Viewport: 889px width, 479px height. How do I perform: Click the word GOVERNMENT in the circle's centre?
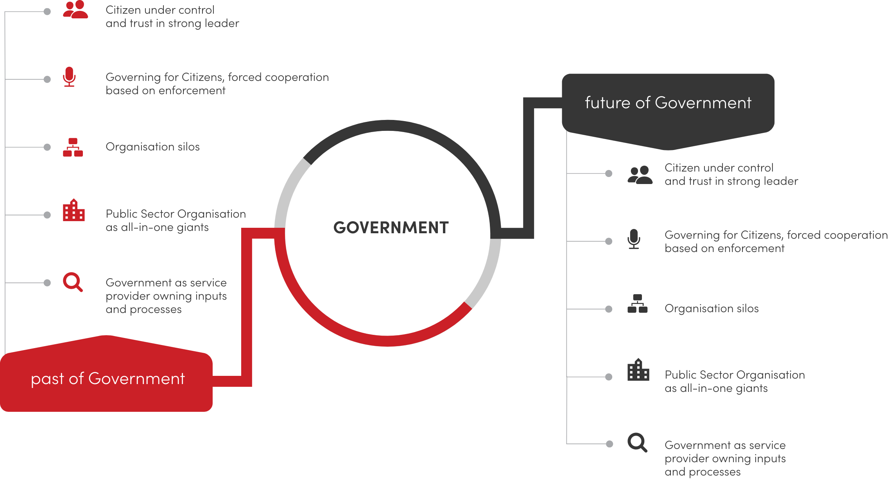(391, 228)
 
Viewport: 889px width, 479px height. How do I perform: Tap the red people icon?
(75, 10)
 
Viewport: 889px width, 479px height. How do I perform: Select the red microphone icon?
(69, 77)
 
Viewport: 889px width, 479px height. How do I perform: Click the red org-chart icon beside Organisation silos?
(73, 147)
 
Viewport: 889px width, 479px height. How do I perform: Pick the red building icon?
(74, 210)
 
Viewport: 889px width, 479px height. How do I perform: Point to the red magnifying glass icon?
(73, 282)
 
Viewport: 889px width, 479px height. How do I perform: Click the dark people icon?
(640, 175)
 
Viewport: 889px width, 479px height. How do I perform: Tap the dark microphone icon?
(634, 239)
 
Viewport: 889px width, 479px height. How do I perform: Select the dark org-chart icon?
(638, 304)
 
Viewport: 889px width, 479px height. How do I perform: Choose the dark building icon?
(638, 370)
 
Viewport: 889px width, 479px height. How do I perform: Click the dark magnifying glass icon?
(637, 443)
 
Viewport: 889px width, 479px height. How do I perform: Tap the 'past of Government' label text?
(108, 379)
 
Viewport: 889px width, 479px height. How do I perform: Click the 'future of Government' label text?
(668, 103)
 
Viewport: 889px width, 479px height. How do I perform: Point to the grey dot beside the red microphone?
(47, 79)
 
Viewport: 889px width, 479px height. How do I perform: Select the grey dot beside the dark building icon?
(609, 377)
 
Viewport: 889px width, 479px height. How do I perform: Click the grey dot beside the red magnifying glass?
(47, 283)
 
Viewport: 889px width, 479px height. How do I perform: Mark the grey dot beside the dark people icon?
(609, 173)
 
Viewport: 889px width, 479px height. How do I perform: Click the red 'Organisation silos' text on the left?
(152, 147)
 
